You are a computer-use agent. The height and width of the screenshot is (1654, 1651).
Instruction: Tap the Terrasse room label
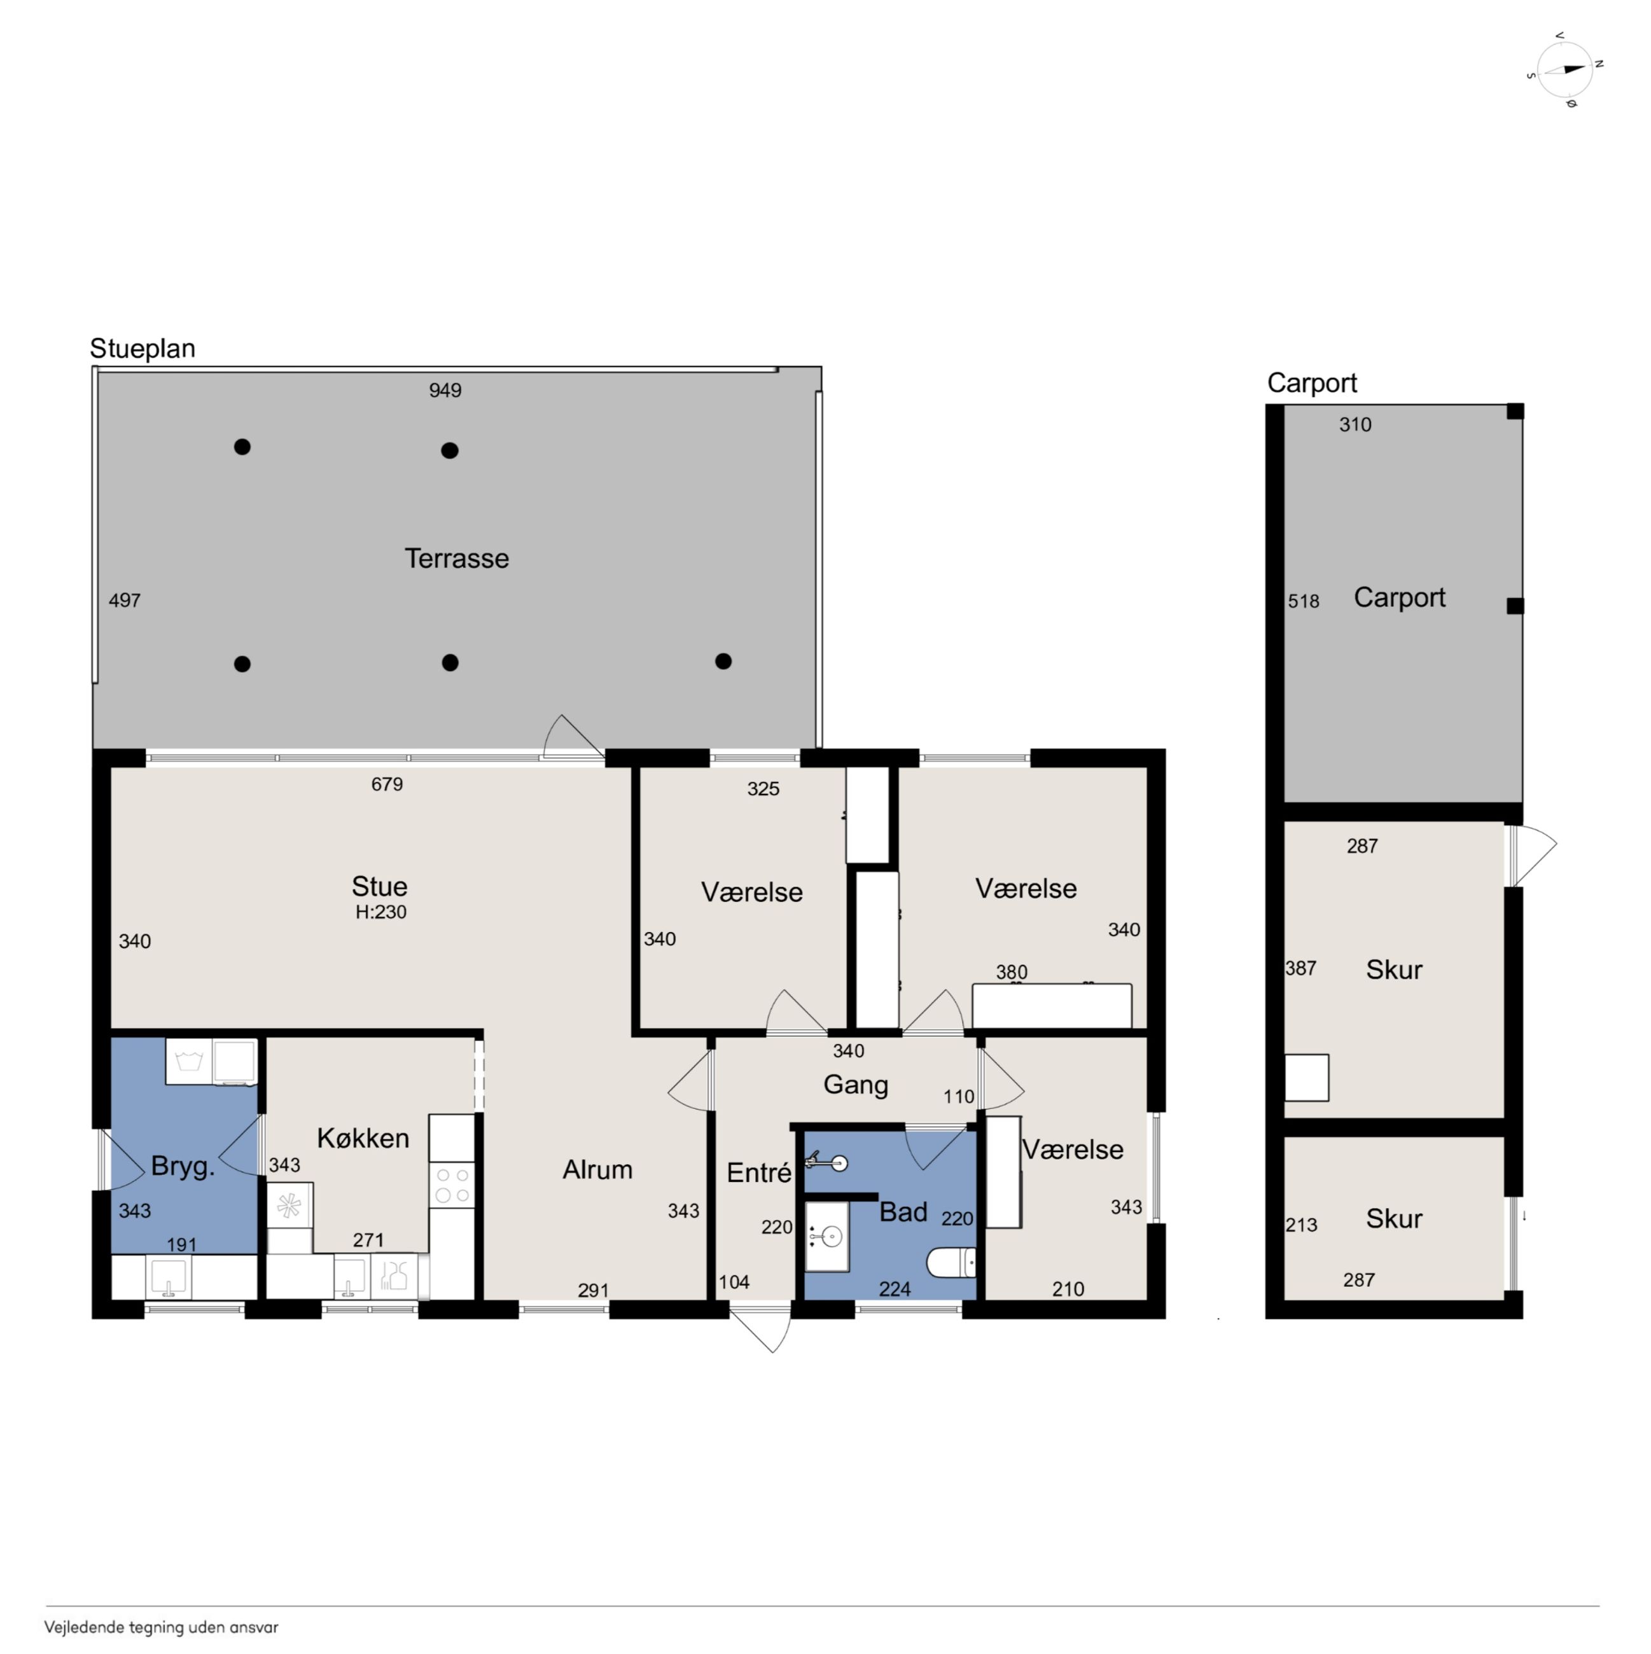coord(456,558)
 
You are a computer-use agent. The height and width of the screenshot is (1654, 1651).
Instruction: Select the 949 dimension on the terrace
coord(445,391)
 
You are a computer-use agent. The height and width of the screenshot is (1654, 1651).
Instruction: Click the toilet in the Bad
coord(951,1263)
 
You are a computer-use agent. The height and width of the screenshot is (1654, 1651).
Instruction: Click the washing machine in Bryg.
coord(188,1062)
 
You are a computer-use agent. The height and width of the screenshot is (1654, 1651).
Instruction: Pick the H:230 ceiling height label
coord(381,912)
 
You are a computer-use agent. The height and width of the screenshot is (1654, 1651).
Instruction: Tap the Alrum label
coord(597,1169)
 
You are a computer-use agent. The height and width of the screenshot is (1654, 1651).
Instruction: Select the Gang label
coord(856,1085)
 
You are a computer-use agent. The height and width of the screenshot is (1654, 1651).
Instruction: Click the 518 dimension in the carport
coord(1304,602)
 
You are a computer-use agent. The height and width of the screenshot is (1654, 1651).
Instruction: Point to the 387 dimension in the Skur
coord(1301,968)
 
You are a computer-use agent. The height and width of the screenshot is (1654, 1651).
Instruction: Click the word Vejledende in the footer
coord(84,1627)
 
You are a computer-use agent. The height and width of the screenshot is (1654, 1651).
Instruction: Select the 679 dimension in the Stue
coord(387,784)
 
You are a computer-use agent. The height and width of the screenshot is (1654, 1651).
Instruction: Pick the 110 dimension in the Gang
coord(959,1097)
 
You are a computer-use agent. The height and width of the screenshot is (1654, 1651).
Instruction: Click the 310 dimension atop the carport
coord(1356,424)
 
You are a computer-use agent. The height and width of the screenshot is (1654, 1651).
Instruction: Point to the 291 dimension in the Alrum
coord(594,1290)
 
